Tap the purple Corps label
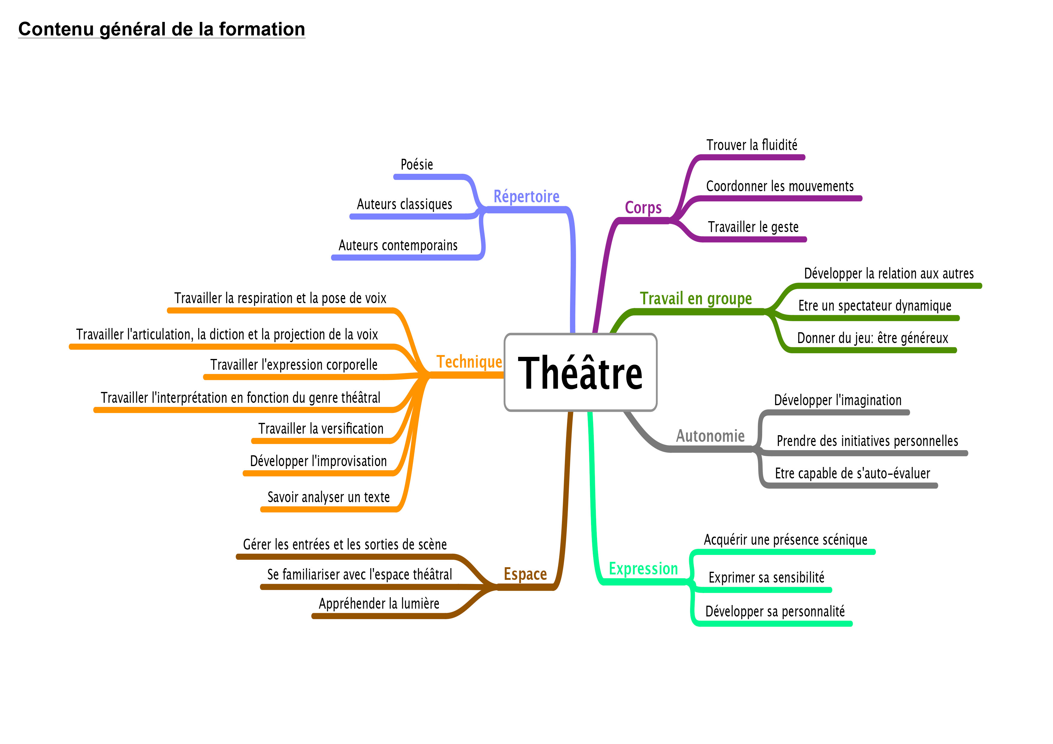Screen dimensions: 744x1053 tap(643, 208)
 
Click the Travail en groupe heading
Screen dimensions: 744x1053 tap(696, 299)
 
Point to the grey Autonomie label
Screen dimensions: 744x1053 tap(710, 436)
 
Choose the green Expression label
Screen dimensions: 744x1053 tap(643, 569)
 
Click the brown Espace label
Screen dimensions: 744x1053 tap(525, 574)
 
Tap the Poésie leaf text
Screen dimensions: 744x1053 tap(416, 164)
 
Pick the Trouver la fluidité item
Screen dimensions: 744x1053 tap(752, 145)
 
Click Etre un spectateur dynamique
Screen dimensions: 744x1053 tap(875, 306)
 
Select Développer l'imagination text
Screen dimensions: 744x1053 tap(837, 400)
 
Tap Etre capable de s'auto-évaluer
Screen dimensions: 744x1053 tap(852, 474)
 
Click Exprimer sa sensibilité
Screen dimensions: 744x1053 tap(766, 578)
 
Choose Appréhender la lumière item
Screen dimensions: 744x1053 tap(379, 604)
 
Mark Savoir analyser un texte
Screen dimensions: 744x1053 tap(328, 497)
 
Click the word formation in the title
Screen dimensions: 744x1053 tap(262, 29)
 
